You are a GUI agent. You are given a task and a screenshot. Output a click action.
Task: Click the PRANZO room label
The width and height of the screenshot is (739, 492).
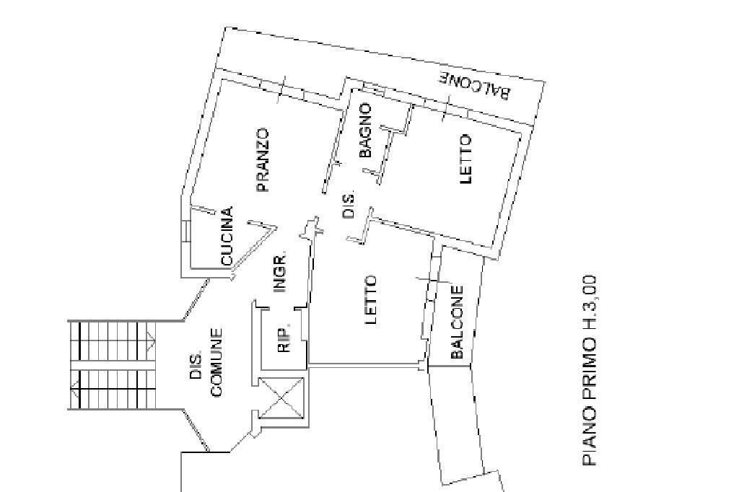[x=262, y=160]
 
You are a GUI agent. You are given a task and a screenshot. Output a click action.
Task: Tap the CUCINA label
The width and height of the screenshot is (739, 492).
[x=227, y=236]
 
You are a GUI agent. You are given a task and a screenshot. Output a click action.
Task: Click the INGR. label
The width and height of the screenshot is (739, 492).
[x=280, y=273]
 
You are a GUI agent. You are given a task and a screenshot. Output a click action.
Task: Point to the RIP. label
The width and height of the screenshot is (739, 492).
[x=284, y=338]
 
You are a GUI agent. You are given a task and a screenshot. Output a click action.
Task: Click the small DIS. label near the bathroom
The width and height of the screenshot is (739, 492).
[x=349, y=206]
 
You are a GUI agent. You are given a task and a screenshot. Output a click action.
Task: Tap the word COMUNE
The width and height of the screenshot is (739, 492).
[x=216, y=363]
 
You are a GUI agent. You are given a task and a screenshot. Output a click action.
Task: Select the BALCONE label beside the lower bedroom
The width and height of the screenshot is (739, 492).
[x=457, y=322]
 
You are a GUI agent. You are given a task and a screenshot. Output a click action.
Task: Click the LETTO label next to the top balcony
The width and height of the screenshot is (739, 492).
[x=465, y=159]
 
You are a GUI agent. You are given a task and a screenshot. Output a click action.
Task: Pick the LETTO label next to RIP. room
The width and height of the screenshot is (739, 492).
[x=371, y=300]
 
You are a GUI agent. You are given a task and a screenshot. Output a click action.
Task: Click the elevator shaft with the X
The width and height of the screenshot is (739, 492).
[x=282, y=397]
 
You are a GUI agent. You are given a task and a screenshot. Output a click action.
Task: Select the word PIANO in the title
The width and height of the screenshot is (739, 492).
[x=590, y=439]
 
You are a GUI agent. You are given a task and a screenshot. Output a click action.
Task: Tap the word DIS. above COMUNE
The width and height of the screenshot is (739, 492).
[x=196, y=366]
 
